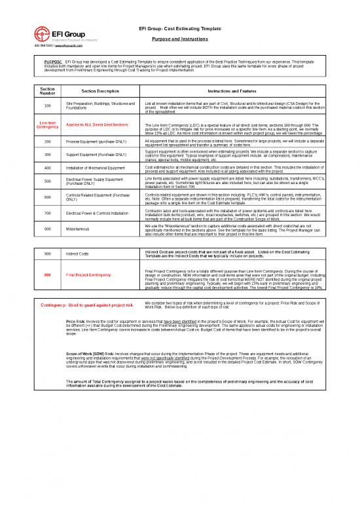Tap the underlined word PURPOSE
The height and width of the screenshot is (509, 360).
(52, 61)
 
